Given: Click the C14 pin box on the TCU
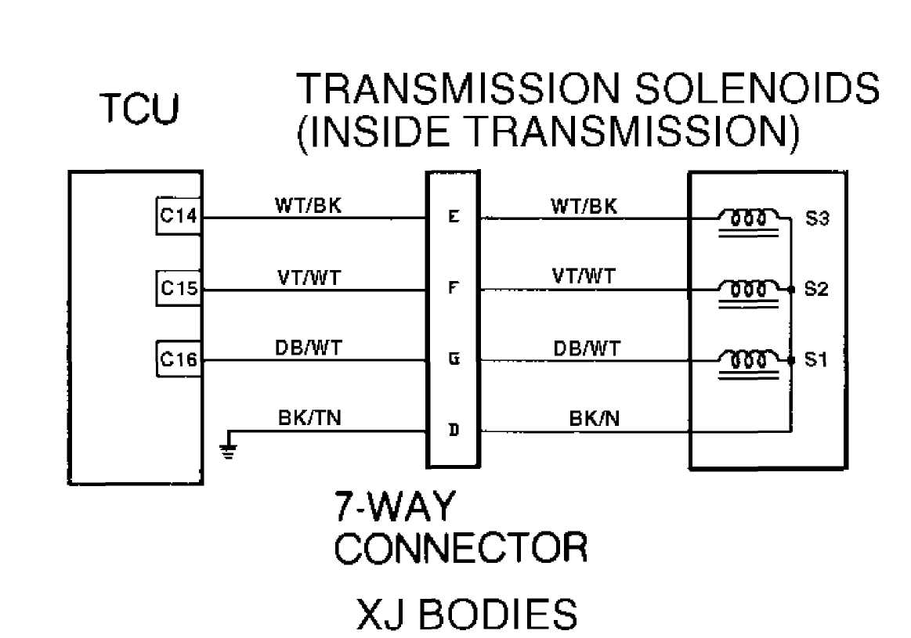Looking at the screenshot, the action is (x=179, y=216).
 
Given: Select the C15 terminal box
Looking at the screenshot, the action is (x=179, y=288).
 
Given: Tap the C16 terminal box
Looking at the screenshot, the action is (x=179, y=359).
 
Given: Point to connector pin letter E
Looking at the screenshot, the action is (x=454, y=217).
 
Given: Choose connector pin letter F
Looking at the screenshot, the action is (x=454, y=288).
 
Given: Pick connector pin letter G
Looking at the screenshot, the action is (x=454, y=359).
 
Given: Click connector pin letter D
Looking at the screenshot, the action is (x=454, y=431).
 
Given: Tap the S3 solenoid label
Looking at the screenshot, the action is (x=816, y=218).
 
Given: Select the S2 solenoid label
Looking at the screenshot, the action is (x=815, y=289).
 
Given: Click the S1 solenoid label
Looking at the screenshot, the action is (x=815, y=360).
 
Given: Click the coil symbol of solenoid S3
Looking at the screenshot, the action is (x=749, y=223).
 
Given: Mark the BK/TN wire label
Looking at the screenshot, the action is (x=309, y=418).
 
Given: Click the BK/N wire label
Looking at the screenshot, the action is (x=595, y=418).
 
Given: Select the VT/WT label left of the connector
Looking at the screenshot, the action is (x=309, y=278).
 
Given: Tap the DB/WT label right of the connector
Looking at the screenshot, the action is (x=587, y=349).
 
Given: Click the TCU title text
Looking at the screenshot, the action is (x=140, y=109).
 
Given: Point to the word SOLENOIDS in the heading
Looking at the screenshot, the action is (x=757, y=88).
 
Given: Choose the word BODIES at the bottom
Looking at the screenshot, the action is (x=498, y=615).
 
